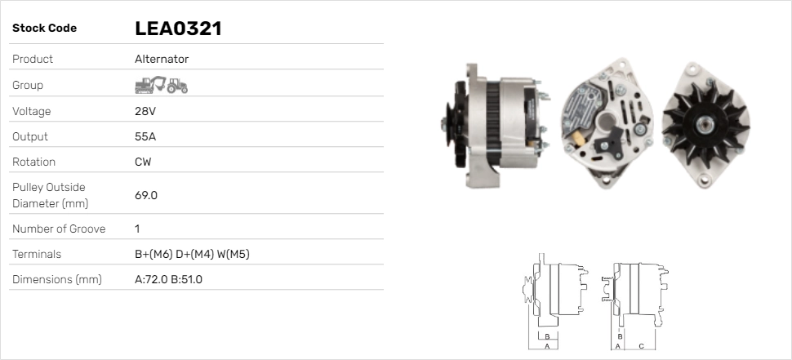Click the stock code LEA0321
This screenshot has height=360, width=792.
pos(178,29)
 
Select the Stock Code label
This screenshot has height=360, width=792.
pos(44,29)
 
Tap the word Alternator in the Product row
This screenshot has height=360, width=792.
pos(162,59)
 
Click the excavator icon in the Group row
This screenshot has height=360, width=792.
pos(150,85)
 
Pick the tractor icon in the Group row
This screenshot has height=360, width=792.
pos(177,86)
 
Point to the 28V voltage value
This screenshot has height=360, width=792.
pos(145,111)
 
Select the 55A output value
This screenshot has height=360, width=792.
pos(145,137)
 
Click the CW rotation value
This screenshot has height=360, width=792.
pos(143,162)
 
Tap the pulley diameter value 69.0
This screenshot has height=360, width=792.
pos(146,195)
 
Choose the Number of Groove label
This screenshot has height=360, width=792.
pos(59,229)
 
